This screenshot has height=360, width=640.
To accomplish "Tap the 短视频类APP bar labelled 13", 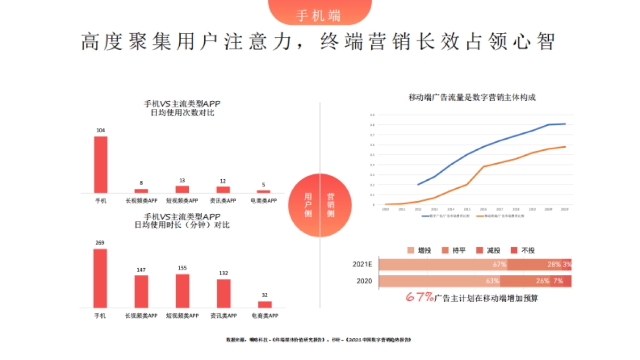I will click(x=182, y=189).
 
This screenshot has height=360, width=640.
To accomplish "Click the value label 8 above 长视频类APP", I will click(x=141, y=182).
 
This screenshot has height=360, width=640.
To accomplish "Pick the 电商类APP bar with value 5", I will click(x=263, y=191).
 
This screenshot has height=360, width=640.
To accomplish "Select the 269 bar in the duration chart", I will click(x=100, y=278).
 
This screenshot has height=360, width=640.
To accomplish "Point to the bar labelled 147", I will click(x=141, y=291).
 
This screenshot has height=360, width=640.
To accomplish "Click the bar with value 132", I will click(x=223, y=293).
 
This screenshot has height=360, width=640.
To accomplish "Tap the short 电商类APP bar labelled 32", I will click(x=265, y=305).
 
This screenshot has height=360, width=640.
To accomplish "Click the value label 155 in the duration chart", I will click(x=182, y=268).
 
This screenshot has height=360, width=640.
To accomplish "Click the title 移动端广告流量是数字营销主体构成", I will click(x=471, y=97).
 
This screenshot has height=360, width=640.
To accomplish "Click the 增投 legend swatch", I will click(x=410, y=251).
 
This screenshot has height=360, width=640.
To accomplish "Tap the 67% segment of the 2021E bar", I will click(x=443, y=265).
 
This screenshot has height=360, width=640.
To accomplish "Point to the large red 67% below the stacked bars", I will click(x=420, y=298).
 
